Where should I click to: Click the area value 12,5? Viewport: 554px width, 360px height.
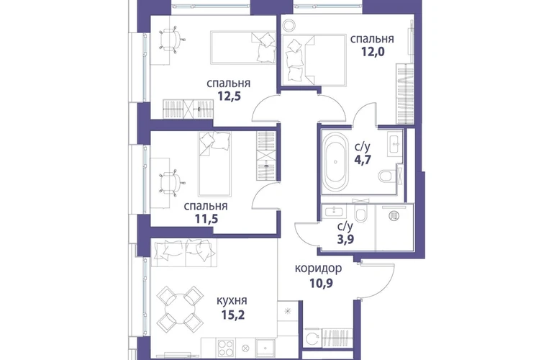point(229,96)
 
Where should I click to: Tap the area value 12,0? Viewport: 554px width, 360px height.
point(373,52)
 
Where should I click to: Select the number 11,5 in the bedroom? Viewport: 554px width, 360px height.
point(206,219)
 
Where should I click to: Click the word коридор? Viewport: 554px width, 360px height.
point(318,269)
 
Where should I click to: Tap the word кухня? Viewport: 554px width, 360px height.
point(232,300)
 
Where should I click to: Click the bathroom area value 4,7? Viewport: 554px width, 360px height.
point(363,160)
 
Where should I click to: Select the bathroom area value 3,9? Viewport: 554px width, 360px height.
point(345,239)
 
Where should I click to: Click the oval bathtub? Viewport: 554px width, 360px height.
point(335,161)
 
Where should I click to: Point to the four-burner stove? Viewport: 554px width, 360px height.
point(225,348)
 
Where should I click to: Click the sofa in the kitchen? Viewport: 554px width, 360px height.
point(183,253)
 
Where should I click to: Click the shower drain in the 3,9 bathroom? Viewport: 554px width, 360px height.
point(394,215)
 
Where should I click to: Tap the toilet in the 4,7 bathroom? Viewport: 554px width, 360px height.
point(387,176)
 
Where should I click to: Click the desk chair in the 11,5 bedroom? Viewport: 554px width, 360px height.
point(173,182)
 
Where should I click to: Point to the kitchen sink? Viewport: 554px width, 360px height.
point(265,348)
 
